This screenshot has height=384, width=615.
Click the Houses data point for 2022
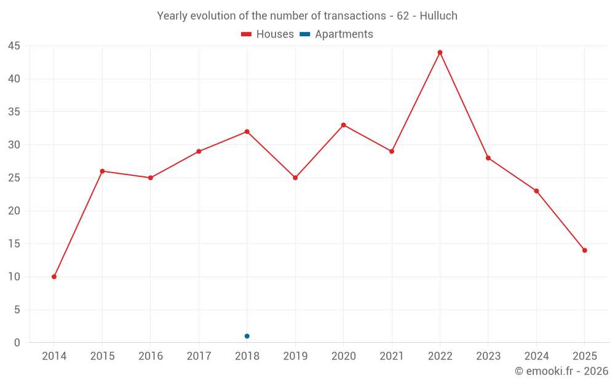pos(440,52)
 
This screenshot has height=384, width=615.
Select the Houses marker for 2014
pos(54,276)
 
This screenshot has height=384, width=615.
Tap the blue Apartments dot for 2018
pos(247,336)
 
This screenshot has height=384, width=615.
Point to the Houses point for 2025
pos(584,250)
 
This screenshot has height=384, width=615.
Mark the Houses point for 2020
pos(343,125)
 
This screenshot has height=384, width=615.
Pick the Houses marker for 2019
pos(295,178)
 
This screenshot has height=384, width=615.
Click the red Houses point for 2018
pos(247,131)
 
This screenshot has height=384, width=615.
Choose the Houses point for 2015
pos(102,171)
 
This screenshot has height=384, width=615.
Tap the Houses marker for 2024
pos(536,191)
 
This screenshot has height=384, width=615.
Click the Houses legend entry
pos(268,34)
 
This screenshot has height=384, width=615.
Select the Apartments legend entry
pos(336,34)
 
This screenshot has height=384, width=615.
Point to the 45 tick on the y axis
pos(14,46)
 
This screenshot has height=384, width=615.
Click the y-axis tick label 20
pos(14,211)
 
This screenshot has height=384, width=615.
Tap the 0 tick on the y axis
pos(17,343)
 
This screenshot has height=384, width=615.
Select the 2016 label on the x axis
pos(151,356)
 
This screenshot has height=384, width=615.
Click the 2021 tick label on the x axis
pos(392,356)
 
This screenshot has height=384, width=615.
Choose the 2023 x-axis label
pos(488,356)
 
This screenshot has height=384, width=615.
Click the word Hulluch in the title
pos(438,16)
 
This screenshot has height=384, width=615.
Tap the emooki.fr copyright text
pos(561,371)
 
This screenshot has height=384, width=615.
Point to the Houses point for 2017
pos(199,151)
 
